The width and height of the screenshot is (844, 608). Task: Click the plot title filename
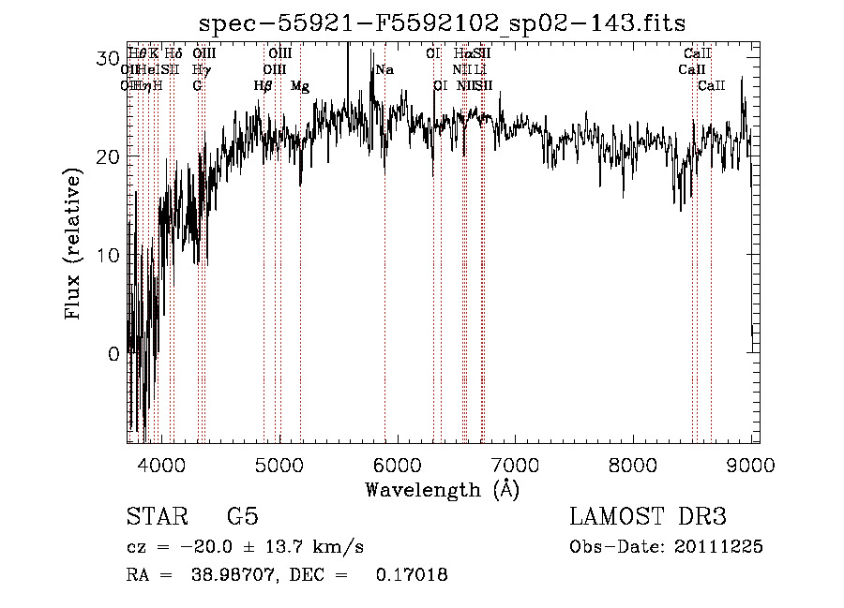443,23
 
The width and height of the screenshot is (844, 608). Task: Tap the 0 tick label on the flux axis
113,354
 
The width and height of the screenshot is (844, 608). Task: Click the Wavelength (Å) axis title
442,489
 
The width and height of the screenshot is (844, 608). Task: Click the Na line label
384,69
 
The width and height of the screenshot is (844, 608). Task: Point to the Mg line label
300,85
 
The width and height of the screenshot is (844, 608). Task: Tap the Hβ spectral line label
264,85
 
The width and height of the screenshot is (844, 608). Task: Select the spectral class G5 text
242,517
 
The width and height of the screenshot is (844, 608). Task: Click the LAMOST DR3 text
647,517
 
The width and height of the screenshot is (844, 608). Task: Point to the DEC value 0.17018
412,574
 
